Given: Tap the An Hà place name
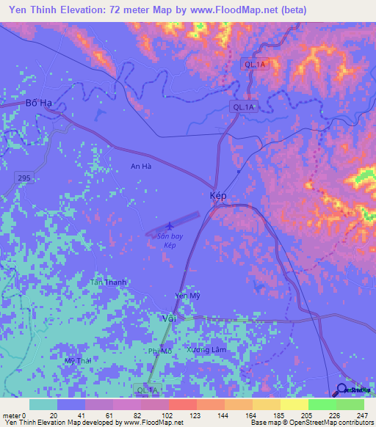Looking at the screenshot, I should point(141,167).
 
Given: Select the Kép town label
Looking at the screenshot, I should point(217,197).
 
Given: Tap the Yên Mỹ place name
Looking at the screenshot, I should point(187,296).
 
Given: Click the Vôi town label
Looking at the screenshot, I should point(169,318).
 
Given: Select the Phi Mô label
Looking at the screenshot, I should point(159,351).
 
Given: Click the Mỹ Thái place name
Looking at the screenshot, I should point(78,361).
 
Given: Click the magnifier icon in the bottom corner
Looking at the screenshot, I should point(342,390).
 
